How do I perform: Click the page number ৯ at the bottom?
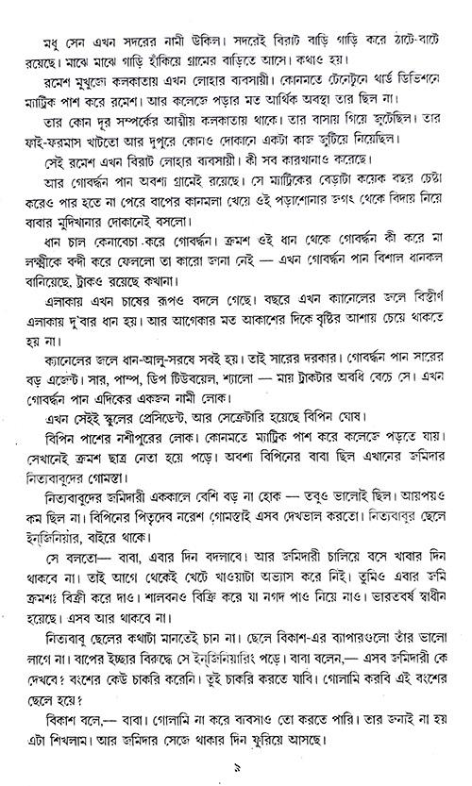(238, 771)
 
